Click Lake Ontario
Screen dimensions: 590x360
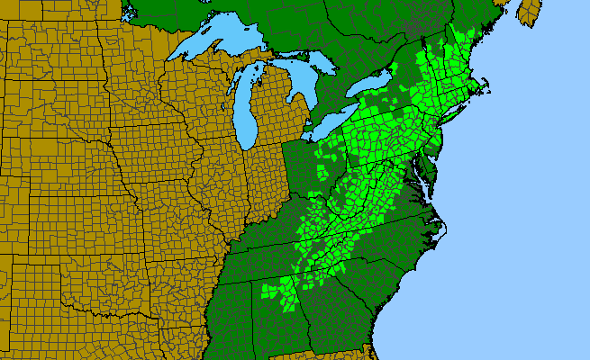point(372,85)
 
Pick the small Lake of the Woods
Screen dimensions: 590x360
point(129,13)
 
